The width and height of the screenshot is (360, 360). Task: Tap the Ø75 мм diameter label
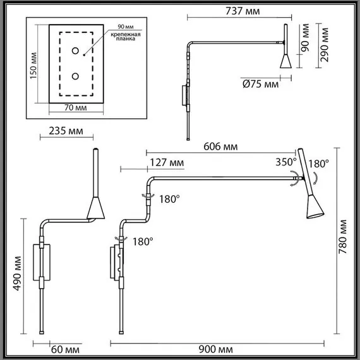pos(260,84)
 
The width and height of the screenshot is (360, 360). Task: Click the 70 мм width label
pos(76,107)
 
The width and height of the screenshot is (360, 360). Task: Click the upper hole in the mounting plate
pos(76,51)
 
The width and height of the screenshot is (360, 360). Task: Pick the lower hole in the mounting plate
pos(76,76)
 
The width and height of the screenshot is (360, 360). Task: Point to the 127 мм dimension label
pos(167,163)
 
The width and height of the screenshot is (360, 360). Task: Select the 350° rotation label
pos(285,162)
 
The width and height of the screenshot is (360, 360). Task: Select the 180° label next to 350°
pos(319,163)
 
